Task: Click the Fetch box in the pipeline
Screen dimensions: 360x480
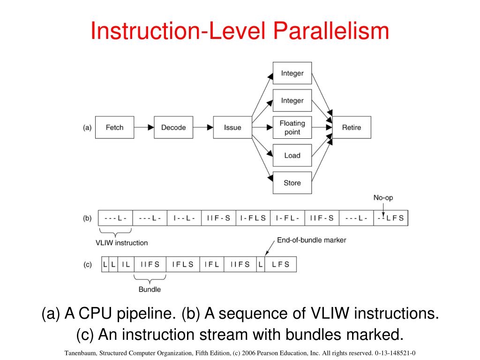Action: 114,127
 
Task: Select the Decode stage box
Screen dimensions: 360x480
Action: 173,127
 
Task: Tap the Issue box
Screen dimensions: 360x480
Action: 232,127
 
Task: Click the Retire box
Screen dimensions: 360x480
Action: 352,127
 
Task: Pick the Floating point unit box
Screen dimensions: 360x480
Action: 292,127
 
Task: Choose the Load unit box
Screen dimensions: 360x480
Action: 292,155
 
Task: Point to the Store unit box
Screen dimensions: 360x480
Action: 292,183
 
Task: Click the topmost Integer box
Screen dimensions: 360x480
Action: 292,73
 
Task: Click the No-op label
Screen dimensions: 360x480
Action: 383,198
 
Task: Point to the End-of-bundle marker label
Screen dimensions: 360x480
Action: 311,240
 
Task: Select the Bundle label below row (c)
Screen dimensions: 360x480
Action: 150,289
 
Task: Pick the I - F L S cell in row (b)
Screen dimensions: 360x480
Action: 253,218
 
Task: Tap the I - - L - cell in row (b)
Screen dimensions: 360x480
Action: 184,218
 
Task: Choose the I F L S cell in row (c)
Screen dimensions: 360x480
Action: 183,264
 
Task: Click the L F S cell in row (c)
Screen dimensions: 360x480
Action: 280,264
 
